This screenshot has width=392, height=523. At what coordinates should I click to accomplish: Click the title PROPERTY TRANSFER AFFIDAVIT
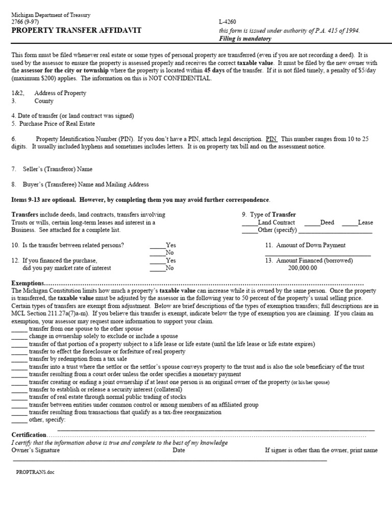coord(76,31)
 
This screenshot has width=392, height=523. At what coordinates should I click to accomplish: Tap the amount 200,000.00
coord(302,268)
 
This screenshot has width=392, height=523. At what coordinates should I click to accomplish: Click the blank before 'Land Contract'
coord(250,223)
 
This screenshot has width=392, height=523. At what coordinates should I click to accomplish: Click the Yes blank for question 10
coord(157,246)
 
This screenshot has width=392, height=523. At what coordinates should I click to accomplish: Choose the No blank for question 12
coord(157,268)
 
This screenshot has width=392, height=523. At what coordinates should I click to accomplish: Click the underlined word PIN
coord(271,139)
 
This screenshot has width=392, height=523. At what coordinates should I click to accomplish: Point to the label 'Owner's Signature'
coord(35,450)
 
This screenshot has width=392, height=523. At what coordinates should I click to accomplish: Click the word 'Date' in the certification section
coord(179,450)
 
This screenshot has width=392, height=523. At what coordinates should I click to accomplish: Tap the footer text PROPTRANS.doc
coord(35,472)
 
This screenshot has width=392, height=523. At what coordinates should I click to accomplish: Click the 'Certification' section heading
coord(29,435)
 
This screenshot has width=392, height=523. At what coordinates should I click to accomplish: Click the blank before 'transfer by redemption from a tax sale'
coord(19,360)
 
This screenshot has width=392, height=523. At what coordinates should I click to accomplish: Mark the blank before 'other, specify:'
coord(19,420)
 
